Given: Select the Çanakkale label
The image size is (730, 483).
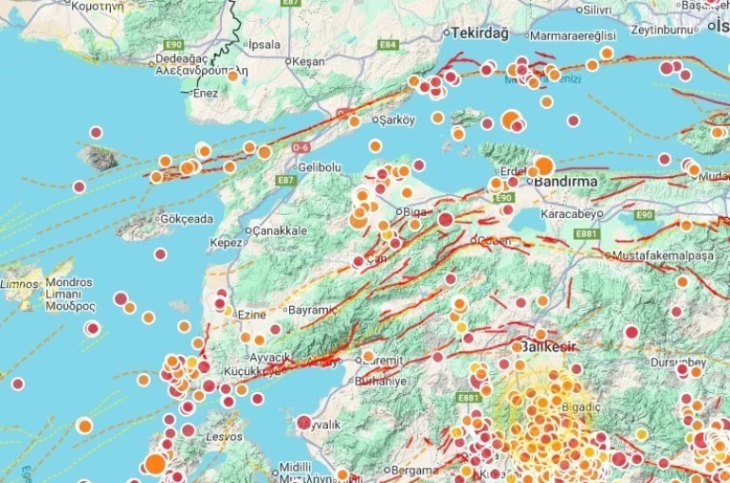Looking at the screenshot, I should [x=279, y=230].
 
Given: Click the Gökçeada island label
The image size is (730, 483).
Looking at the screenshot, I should [x=189, y=219].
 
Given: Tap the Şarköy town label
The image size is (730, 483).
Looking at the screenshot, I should [x=398, y=120].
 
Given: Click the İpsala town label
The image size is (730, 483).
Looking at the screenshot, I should [x=265, y=45].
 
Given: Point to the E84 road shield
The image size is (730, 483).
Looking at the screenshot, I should [x=388, y=45].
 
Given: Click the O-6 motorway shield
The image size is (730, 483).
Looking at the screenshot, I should [x=301, y=148].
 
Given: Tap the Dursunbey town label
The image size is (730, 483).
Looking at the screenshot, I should [x=679, y=362].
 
